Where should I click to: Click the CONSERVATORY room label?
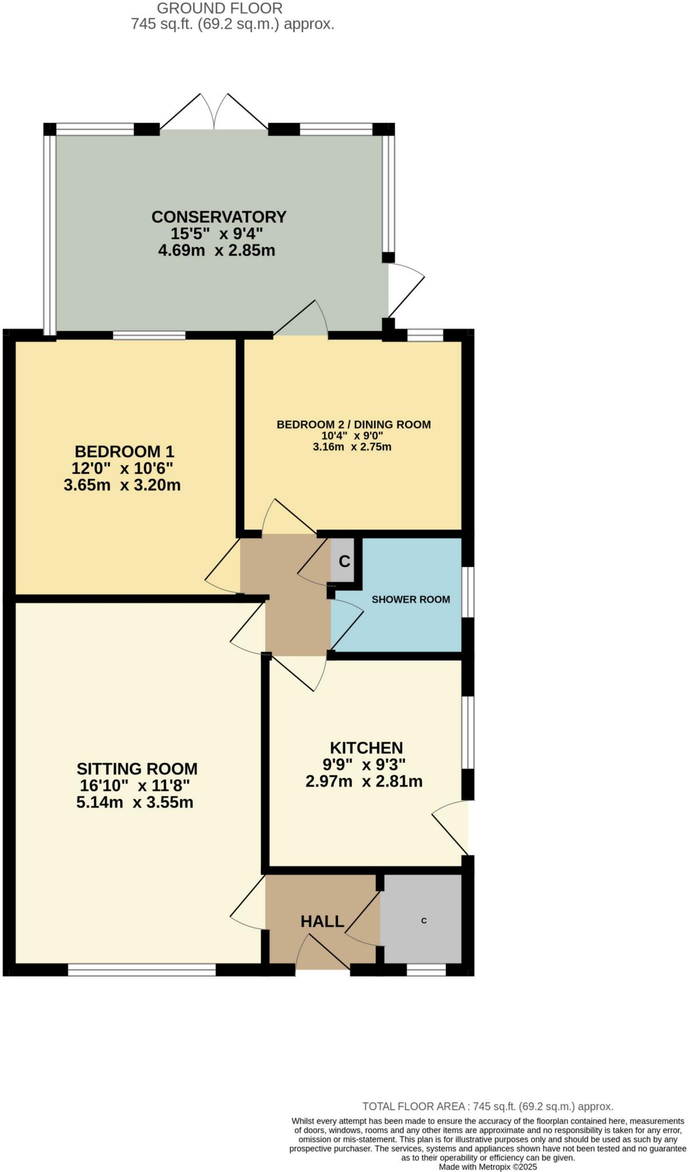tap(219, 217)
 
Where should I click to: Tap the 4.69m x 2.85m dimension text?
tap(217, 251)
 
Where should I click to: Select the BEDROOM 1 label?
tap(124, 452)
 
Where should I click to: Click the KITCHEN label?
tap(366, 748)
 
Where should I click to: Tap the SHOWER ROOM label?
tap(411, 600)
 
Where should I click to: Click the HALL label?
tap(322, 921)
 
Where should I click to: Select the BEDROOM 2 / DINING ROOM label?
tap(354, 425)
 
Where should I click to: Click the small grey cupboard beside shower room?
tap(344, 561)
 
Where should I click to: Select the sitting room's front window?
tap(142, 969)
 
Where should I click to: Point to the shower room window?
tap(467, 592)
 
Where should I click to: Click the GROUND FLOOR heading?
tap(220, 9)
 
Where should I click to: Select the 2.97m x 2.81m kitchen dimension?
tap(364, 782)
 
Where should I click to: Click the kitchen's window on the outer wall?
tap(467, 732)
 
